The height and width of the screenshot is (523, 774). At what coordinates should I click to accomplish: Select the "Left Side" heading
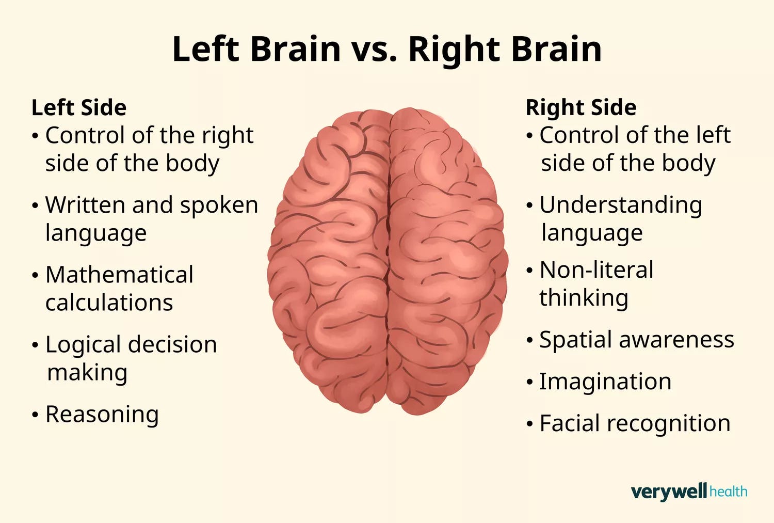79,108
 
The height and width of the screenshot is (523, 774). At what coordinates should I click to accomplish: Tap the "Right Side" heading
580,108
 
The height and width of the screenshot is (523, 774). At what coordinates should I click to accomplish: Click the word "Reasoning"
102,415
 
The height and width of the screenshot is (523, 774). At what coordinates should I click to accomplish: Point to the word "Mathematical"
119,275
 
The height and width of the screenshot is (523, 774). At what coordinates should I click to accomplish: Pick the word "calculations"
109,303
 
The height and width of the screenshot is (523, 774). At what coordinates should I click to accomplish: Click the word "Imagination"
605,382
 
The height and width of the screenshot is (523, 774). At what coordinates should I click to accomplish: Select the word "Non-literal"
596,270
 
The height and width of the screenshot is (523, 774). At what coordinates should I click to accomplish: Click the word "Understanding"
621,205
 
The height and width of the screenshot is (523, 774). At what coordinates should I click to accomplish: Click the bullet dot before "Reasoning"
35,415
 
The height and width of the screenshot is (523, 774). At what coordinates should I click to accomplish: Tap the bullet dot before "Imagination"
529,383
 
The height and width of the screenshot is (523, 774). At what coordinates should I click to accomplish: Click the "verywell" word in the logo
668,492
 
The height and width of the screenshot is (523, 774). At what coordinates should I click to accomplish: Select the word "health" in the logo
728,492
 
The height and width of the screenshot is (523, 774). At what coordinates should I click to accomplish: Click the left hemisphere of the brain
330,258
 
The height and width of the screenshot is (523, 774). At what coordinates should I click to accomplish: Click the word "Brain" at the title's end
556,50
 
